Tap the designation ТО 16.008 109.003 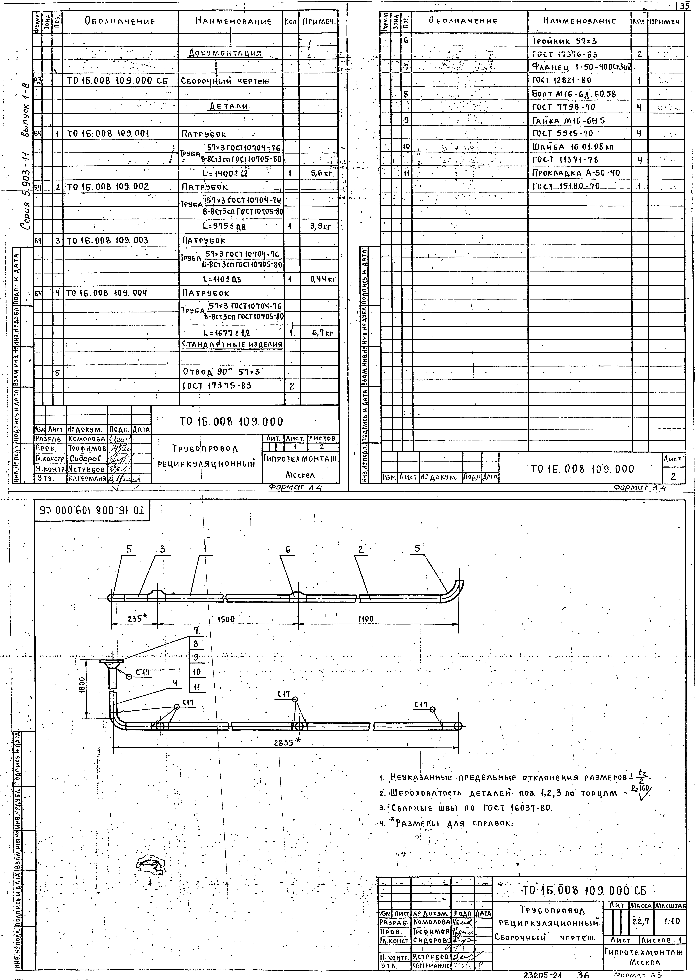click(107, 240)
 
